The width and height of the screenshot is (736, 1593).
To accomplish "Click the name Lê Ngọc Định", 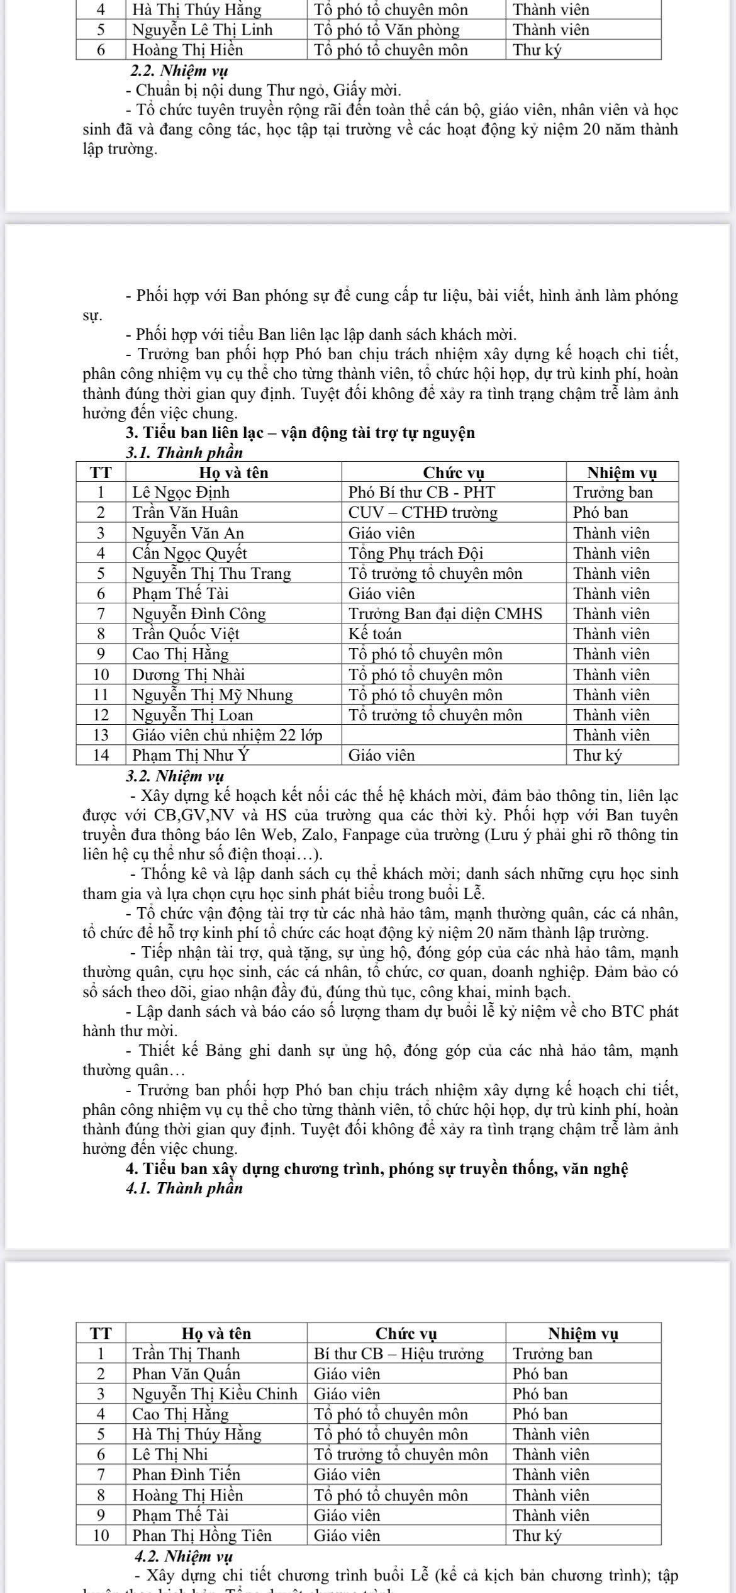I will click(181, 492).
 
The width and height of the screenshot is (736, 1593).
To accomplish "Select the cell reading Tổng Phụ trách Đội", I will click(416, 553).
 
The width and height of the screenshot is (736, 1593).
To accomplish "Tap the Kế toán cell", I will click(376, 634).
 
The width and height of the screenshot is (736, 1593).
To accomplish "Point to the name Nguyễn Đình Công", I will click(199, 613).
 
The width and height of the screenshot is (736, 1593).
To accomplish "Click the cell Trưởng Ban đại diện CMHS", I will click(445, 613).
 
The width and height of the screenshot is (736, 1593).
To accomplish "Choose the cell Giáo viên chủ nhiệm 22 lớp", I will click(227, 735).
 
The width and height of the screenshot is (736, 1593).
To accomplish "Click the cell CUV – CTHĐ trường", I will click(423, 512).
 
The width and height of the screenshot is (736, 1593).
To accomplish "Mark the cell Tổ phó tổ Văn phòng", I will click(387, 30).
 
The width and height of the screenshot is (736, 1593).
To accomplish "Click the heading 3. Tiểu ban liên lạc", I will click(300, 433).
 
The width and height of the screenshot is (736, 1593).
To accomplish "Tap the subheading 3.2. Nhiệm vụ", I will click(175, 775).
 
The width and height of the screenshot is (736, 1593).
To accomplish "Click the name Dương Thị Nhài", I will click(189, 674).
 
